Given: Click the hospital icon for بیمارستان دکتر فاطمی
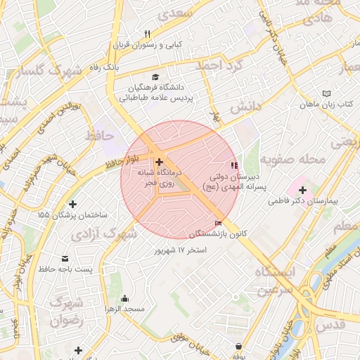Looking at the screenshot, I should click(303, 189).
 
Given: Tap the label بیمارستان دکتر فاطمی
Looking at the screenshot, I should click(303, 201).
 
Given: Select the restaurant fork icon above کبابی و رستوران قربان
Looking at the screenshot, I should click(147, 34).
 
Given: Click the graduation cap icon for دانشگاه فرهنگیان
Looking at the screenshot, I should click(155, 77).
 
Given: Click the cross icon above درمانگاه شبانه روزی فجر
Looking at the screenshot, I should click(158, 162).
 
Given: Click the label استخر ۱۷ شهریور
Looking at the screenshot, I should click(180, 250).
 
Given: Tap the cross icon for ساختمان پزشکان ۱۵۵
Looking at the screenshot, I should click(73, 204).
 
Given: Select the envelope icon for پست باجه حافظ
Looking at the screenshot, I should click(65, 258).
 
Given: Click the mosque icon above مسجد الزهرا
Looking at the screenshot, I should click(125, 298).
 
